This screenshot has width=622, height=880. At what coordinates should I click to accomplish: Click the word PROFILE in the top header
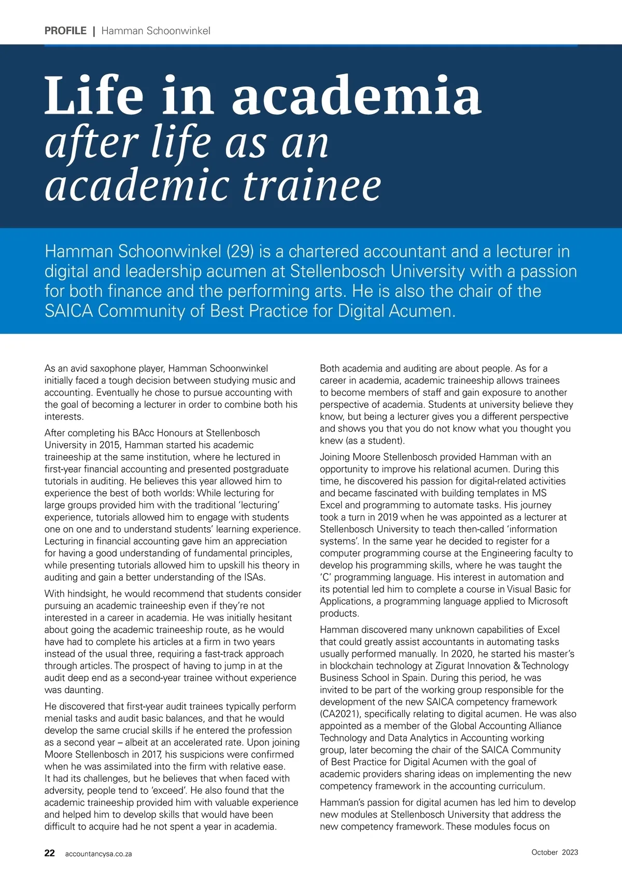point(65,31)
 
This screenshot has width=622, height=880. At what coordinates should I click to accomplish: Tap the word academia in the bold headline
point(357,95)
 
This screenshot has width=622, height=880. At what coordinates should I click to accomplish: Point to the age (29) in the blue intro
point(240,252)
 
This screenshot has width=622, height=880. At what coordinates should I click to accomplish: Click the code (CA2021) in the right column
point(340,714)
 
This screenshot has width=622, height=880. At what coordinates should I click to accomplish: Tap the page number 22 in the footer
point(50,853)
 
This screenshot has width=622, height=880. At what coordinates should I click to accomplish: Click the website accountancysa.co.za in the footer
point(98,854)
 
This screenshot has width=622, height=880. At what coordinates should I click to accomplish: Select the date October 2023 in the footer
point(555,852)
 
